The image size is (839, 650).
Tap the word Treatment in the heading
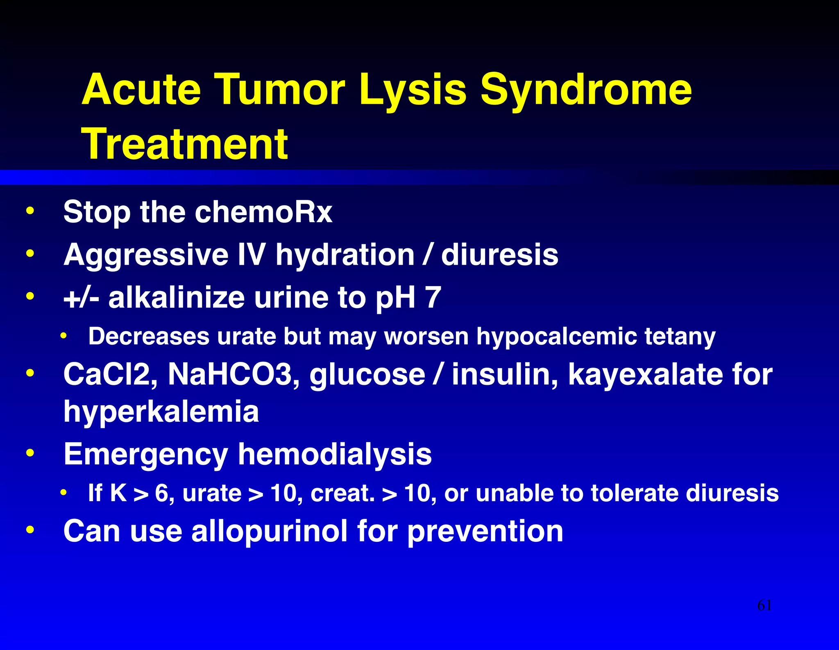tap(185, 144)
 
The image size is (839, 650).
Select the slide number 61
tap(764, 605)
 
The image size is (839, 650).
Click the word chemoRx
tap(263, 212)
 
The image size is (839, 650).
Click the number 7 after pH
tap(433, 297)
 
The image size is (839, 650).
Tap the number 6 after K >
tap(161, 493)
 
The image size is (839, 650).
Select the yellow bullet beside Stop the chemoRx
tap(29, 211)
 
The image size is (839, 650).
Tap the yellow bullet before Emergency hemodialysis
tap(29, 453)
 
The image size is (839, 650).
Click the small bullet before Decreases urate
tap(63, 336)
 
